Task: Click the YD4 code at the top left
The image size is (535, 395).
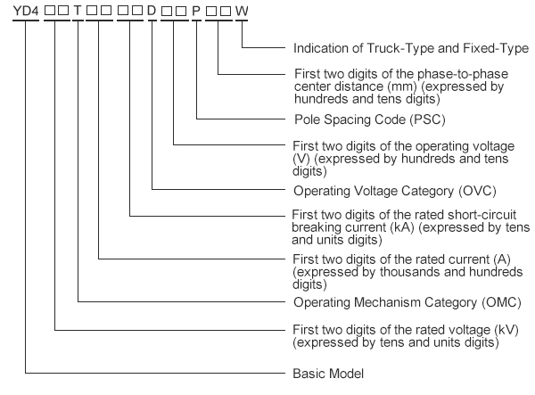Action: (x=26, y=11)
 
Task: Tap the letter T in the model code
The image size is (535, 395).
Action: (x=78, y=11)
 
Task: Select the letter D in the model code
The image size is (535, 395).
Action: (x=152, y=11)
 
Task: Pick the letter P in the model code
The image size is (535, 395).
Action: (x=196, y=11)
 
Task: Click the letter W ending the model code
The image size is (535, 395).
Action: (x=242, y=11)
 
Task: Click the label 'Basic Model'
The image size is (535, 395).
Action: (x=328, y=374)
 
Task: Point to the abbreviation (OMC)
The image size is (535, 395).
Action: (x=501, y=302)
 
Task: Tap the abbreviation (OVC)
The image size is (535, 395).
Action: (x=477, y=191)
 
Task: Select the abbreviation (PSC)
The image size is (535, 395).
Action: (x=427, y=119)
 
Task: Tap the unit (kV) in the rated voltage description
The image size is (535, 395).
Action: (x=506, y=330)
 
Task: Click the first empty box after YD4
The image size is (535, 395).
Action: (x=50, y=11)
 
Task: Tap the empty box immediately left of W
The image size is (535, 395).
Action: (x=226, y=11)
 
